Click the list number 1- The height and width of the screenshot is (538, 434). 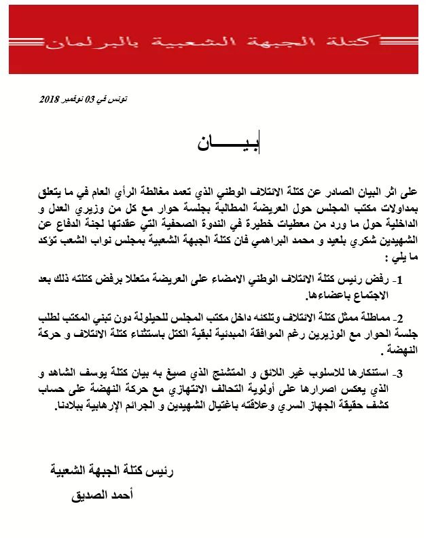[x=400, y=279]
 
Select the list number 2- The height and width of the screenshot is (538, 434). [x=400, y=319]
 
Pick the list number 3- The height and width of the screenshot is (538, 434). [x=400, y=373]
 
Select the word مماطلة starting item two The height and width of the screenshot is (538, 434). [x=372, y=319]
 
